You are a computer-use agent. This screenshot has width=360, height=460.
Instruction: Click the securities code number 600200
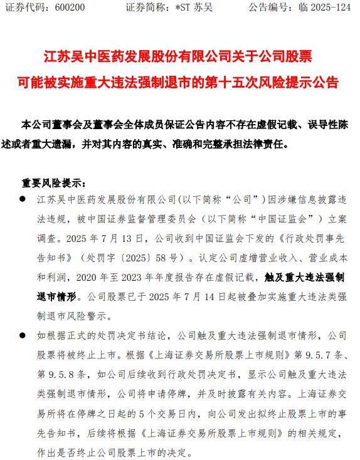(68, 8)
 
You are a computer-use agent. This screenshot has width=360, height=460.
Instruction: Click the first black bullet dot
(23, 200)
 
